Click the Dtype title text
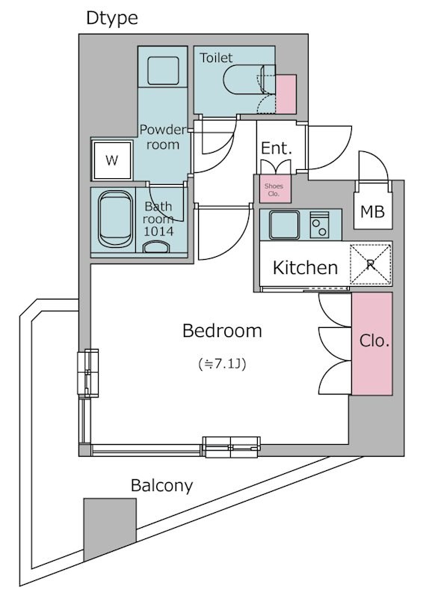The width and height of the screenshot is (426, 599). pyautogui.click(x=112, y=18)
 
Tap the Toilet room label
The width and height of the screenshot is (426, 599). pyautogui.click(x=216, y=58)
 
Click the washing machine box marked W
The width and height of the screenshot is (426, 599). pyautogui.click(x=112, y=159)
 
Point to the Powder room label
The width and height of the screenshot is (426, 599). pyautogui.click(x=163, y=137)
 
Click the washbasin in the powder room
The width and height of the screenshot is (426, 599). pyautogui.click(x=163, y=70)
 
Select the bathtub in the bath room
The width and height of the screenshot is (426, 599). pyautogui.click(x=117, y=219)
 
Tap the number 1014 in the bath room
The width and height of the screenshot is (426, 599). pyautogui.click(x=158, y=231)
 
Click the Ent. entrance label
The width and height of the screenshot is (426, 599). pyautogui.click(x=276, y=148)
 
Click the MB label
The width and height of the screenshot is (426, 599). pyautogui.click(x=372, y=211)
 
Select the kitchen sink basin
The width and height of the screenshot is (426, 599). pyautogui.click(x=284, y=224)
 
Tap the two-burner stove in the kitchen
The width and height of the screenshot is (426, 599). pyautogui.click(x=319, y=225)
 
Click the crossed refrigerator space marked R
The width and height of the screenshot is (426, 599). pyautogui.click(x=371, y=264)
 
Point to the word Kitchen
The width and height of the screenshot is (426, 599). pyautogui.click(x=306, y=267)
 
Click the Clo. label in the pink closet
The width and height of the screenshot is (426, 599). pyautogui.click(x=374, y=341)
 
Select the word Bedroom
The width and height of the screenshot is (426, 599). pyautogui.click(x=223, y=330)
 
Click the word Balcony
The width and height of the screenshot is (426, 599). pyautogui.click(x=161, y=486)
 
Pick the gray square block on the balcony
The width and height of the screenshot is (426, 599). pyautogui.click(x=110, y=529)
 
